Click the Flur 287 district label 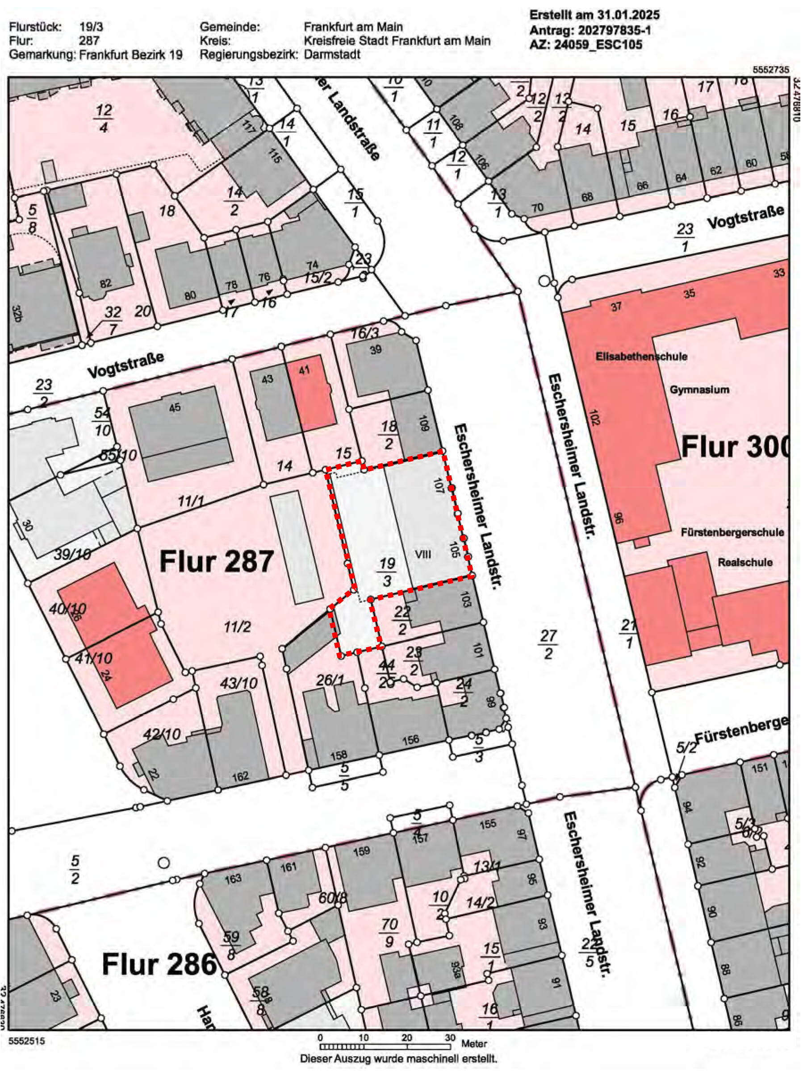pos(216,562)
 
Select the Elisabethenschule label pos(641,357)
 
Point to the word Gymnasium pos(699,390)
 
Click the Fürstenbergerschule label pos(732,532)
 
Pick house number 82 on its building pos(105,284)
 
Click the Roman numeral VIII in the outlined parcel pos(422,554)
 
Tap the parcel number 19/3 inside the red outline pos(387,571)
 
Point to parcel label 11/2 pos(237,627)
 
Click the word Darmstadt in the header pos(332,54)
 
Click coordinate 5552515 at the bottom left pos(26,1041)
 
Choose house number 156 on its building pos(411,740)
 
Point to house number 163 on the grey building pos(233,879)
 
